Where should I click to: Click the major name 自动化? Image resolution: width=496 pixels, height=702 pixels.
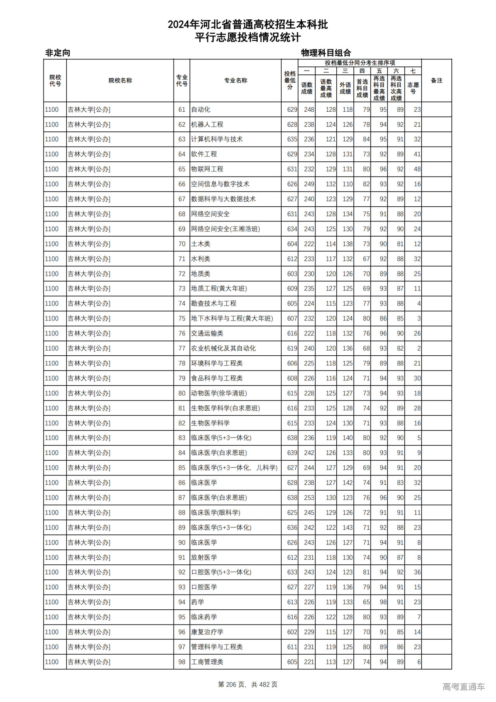201,110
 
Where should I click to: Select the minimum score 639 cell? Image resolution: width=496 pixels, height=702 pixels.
292,453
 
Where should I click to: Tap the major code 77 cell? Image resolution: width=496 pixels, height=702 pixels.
182,349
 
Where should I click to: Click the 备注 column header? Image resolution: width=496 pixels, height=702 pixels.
436,81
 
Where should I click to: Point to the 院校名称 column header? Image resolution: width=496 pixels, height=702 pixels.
120,81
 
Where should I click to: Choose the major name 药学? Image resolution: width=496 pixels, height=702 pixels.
198,602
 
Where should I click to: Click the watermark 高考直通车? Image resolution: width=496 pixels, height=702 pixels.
463,686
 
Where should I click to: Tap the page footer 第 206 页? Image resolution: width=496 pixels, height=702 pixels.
232,685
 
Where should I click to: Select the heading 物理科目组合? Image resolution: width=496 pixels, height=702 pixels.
326,53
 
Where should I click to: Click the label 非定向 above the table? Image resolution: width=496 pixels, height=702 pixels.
58,53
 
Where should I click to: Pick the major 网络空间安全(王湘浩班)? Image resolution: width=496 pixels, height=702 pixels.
226,229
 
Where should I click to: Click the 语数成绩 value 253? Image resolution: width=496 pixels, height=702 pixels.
309,498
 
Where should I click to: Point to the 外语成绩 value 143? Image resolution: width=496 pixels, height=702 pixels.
347,528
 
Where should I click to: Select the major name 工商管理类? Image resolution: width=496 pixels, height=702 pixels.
207,662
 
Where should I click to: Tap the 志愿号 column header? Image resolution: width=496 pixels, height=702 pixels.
413,88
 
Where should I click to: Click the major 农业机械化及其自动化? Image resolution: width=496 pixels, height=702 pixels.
223,349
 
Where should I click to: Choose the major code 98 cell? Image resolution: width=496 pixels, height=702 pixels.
182,662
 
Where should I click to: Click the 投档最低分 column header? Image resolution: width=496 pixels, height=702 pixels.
289,81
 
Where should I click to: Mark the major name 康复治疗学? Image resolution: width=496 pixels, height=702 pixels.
207,632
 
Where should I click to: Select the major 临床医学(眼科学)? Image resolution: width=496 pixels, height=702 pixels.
215,513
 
